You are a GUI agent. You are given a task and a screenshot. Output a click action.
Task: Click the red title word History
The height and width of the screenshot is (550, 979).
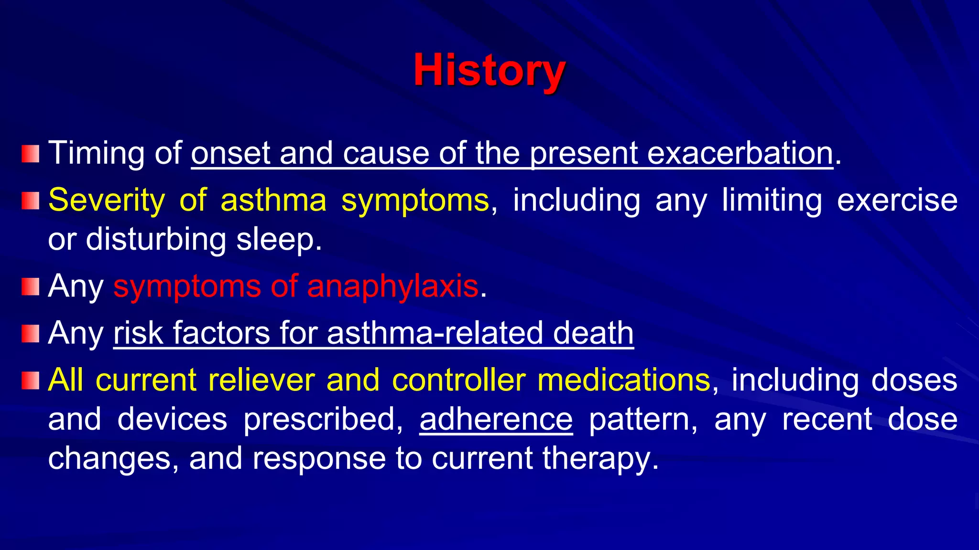489,71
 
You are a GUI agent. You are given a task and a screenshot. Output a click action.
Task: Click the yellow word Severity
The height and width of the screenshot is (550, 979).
106,201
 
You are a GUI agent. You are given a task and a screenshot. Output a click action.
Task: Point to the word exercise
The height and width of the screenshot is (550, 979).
897,201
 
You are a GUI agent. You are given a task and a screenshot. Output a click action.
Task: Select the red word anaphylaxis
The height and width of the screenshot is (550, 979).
392,287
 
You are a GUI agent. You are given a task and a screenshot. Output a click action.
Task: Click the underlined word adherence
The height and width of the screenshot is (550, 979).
496,420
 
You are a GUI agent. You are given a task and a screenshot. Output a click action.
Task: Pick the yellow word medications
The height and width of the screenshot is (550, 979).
623,381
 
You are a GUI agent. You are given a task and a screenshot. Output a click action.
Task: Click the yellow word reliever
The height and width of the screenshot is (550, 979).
261,381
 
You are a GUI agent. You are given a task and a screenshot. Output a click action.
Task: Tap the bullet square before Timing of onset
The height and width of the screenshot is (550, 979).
30,154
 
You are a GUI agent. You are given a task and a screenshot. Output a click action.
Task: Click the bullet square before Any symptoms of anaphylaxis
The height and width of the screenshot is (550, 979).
30,287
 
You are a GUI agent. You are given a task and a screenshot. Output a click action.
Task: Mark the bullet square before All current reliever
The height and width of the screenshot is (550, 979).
30,381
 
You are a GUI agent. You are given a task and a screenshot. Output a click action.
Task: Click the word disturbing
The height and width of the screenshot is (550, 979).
155,239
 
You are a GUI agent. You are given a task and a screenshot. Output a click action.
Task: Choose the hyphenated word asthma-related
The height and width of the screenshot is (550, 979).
435,333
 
